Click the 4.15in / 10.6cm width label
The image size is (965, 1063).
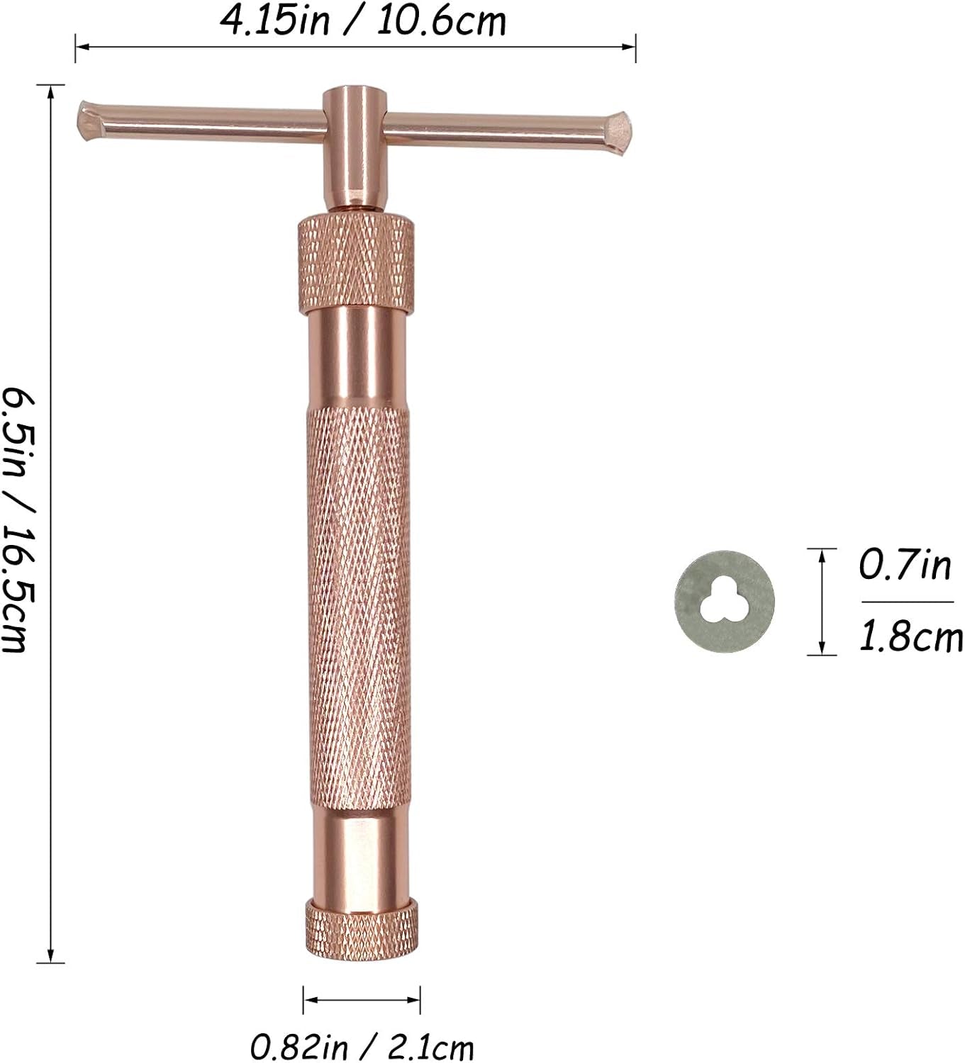pyautogui.click(x=363, y=21)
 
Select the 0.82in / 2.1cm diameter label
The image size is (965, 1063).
pyautogui.click(x=362, y=1047)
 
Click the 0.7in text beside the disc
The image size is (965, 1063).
pyautogui.click(x=905, y=565)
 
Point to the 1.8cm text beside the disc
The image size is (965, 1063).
pyautogui.click(x=910, y=636)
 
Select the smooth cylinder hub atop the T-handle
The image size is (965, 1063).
pyautogui.click(x=355, y=146)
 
